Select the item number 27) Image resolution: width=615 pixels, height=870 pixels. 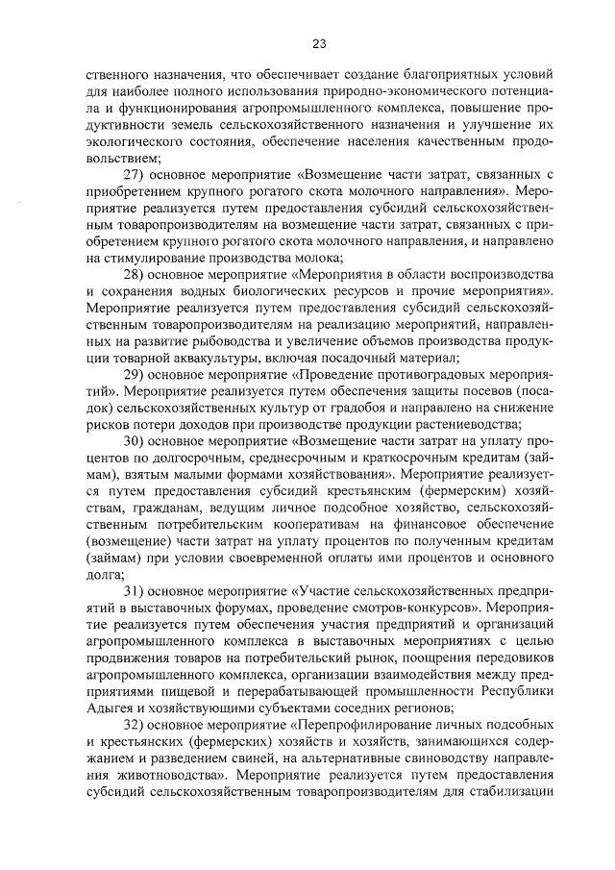click(x=139, y=174)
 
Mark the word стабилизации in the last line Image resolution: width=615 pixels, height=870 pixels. click(x=508, y=808)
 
